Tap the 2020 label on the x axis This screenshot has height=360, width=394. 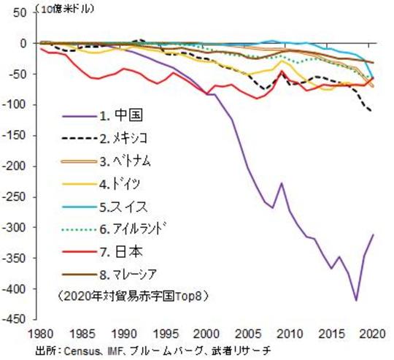tap(373, 332)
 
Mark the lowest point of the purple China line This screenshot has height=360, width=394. tap(356, 300)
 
